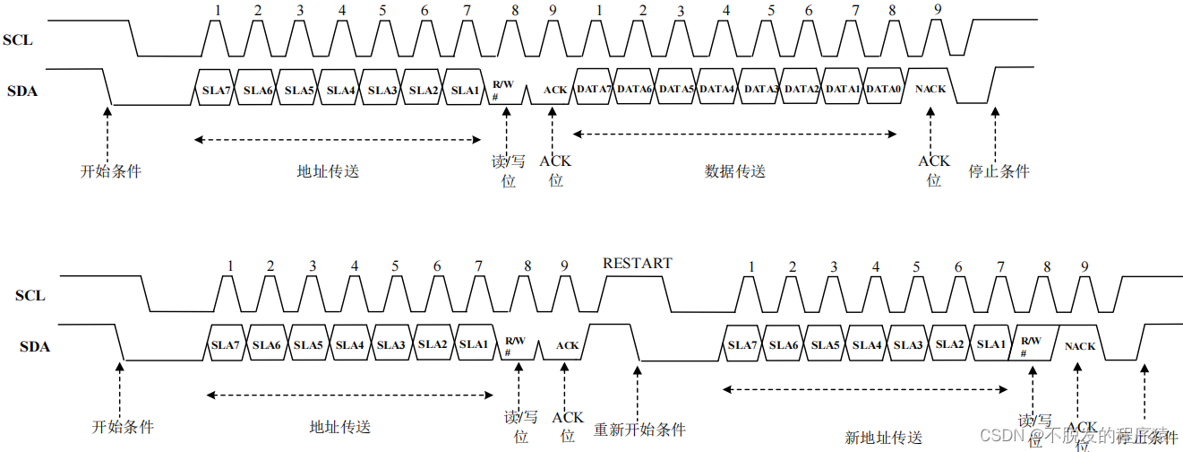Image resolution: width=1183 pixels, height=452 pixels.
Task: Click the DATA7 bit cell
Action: click(595, 89)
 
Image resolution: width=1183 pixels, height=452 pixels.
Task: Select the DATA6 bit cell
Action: click(636, 89)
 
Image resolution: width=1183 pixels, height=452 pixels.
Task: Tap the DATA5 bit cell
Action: click(677, 89)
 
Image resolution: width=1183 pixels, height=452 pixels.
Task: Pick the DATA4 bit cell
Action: click(717, 89)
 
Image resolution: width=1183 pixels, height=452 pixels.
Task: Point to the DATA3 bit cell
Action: click(760, 89)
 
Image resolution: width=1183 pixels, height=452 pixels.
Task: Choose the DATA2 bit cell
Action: click(802, 89)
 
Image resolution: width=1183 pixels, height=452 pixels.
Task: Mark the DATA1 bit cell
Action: click(843, 89)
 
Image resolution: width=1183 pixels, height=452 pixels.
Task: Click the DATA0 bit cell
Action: click(883, 89)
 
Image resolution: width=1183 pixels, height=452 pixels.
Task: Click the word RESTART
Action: click(637, 263)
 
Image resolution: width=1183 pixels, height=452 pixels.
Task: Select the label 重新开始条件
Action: click(639, 430)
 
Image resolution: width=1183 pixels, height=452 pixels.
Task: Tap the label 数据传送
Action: click(735, 170)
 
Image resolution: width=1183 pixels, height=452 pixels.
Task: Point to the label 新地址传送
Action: click(883, 437)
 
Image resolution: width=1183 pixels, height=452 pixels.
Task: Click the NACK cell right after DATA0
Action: click(930, 89)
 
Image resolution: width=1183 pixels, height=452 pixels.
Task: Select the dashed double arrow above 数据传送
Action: click(734, 135)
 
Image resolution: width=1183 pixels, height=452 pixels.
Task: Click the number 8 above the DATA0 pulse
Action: click(892, 11)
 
